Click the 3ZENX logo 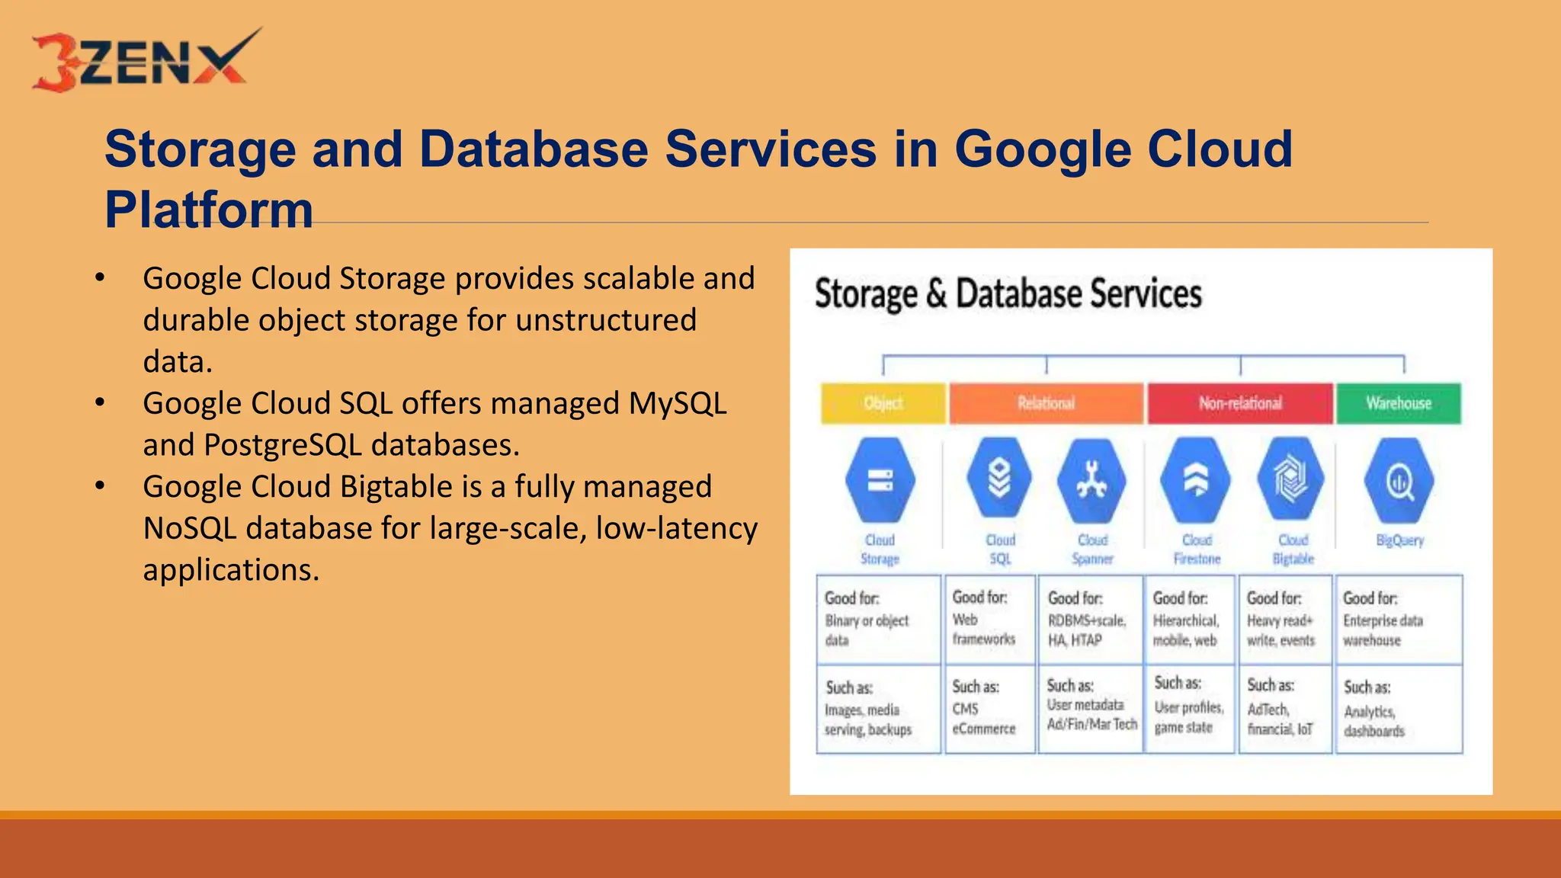coord(145,60)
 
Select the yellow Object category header coord(883,403)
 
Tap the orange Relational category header coord(1046,403)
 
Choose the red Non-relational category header coord(1240,403)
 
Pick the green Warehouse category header coord(1399,403)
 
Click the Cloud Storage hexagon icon coord(880,481)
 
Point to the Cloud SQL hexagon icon coord(999,479)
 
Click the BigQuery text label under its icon coord(1400,540)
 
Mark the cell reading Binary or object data coord(878,620)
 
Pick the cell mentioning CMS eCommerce coord(989,709)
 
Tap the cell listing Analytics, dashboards coord(1399,710)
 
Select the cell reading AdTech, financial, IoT coord(1285,710)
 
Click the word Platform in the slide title coord(209,210)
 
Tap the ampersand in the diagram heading coord(936,294)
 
